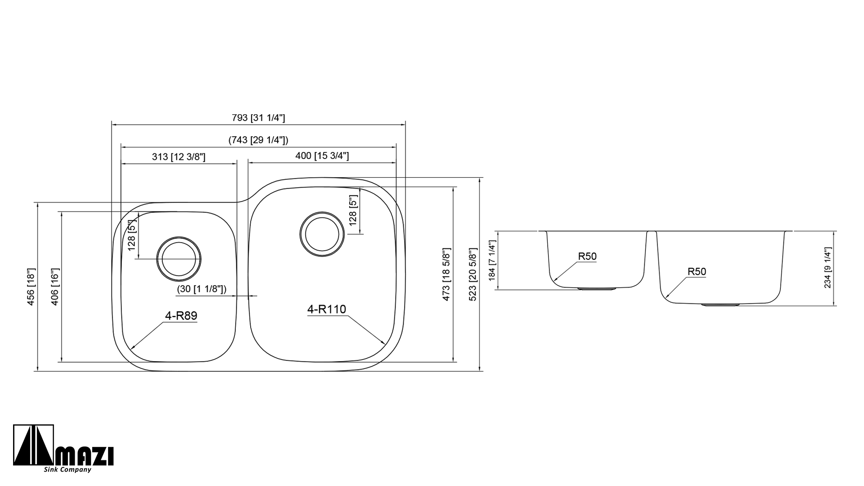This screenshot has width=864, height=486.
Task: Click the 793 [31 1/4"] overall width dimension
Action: [258, 118]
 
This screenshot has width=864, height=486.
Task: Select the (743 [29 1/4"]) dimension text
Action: [258, 140]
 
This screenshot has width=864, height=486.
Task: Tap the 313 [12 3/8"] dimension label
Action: [179, 157]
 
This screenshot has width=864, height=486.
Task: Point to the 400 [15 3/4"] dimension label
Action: [322, 156]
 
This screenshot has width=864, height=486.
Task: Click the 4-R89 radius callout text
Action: [181, 316]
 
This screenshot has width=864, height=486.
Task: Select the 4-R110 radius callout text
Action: [326, 309]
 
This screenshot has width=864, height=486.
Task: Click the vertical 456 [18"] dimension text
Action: [31, 287]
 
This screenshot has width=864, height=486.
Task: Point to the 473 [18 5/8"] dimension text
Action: [446, 274]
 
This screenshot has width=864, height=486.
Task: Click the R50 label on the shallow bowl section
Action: [587, 256]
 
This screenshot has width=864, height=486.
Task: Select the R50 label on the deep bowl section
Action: [697, 272]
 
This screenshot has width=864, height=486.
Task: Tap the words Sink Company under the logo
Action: [67, 470]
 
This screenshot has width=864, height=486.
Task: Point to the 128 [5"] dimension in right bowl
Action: [353, 211]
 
